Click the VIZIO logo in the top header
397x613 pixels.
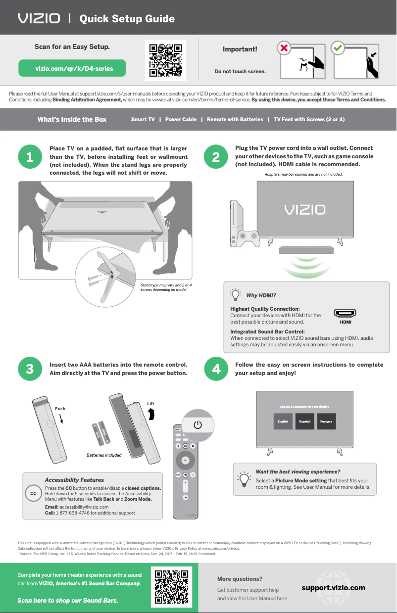coord(39,19)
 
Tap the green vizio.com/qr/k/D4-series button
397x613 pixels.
coord(72,69)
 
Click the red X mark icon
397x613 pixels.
coord(284,48)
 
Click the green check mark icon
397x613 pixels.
coord(338,48)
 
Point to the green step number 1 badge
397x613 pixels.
coord(30,157)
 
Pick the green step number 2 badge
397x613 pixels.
coord(216,157)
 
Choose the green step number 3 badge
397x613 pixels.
coord(30,369)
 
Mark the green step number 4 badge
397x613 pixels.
coord(216,369)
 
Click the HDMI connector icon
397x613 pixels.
coord(346,313)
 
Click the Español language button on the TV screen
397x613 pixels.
coord(304,421)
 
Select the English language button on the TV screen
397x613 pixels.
coord(283,421)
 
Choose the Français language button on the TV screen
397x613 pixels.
coord(326,421)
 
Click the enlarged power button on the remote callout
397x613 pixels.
coord(198,425)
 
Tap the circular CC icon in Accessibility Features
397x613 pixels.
coord(33,494)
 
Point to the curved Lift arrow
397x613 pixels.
coord(152,414)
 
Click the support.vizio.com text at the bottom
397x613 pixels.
coord(333,588)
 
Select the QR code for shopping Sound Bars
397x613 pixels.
coord(171,588)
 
